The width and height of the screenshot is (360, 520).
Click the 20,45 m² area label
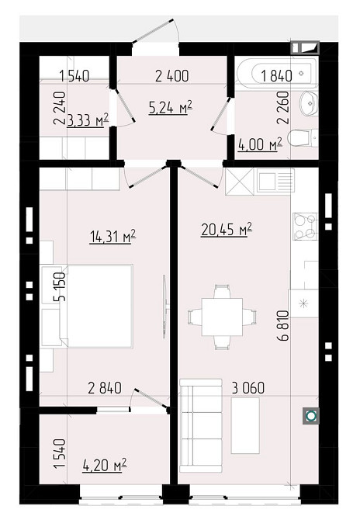226,230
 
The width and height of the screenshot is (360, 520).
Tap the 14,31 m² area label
112,237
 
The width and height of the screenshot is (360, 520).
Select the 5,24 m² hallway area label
171,108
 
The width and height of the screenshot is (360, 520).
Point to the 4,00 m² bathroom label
260,144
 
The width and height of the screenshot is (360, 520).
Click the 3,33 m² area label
88,120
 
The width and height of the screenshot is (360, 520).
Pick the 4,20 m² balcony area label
105,465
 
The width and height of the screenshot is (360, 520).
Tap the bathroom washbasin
309,103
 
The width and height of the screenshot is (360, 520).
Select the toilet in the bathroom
303,138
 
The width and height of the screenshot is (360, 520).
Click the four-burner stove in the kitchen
306,226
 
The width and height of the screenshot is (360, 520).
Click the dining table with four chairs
222,317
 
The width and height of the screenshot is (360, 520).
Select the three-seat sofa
201,425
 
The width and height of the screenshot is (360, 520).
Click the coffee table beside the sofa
245,425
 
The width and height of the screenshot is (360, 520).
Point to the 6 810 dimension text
284,326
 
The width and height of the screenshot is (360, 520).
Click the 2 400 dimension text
172,76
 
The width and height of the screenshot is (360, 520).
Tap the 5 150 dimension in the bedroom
60,286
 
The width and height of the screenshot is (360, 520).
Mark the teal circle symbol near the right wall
311,415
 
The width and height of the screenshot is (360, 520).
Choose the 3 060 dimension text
248,388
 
